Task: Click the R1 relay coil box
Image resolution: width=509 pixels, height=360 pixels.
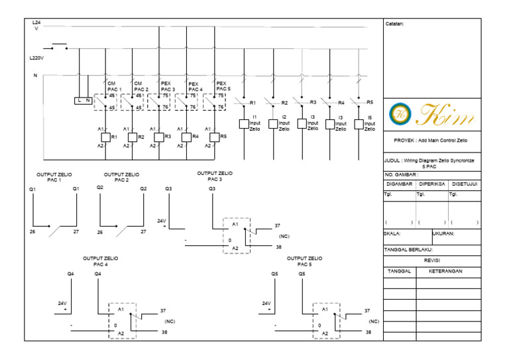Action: tap(105, 137)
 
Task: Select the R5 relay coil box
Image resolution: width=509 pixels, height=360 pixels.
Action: tap(215, 137)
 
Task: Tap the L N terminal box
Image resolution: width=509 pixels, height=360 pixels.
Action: tap(83, 100)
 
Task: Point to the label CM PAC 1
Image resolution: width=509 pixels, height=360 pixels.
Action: tap(115, 86)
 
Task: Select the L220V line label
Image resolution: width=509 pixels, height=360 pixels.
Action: tap(37, 58)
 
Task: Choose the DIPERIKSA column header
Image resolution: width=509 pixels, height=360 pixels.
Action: tap(431, 184)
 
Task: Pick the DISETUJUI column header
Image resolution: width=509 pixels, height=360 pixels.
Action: tap(465, 184)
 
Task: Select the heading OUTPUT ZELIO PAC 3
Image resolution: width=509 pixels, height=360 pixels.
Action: tap(215, 176)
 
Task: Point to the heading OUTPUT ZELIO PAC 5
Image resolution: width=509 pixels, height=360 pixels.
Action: tap(305, 261)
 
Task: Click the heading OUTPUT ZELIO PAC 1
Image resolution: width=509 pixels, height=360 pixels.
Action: tap(54, 177)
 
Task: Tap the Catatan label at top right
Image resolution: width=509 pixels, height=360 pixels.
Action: tap(395, 24)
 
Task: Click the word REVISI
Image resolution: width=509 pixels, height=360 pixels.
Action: tap(431, 261)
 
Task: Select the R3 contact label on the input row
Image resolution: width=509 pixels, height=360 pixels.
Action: tap(313, 103)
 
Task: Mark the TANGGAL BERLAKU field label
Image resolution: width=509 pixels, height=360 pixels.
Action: tap(408, 250)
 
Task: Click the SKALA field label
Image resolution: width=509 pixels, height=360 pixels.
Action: tap(393, 233)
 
